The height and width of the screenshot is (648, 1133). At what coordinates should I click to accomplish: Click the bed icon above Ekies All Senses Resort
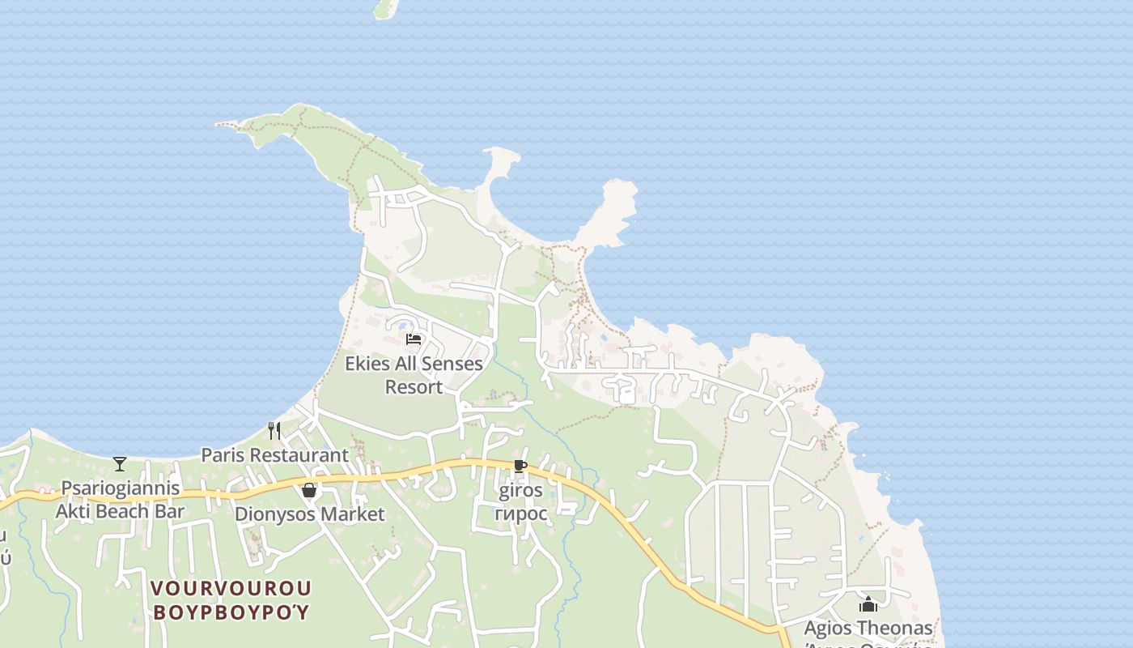[x=414, y=339]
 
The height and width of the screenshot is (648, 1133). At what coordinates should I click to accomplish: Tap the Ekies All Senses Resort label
[x=414, y=375]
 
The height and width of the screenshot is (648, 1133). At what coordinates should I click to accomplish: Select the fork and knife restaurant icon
[x=274, y=430]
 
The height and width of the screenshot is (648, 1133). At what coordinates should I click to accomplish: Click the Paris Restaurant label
[x=274, y=455]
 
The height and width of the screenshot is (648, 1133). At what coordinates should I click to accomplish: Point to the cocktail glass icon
[x=120, y=464]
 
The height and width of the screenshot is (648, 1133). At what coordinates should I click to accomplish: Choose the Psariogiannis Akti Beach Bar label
[x=120, y=500]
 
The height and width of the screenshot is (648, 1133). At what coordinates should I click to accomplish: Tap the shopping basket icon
[x=308, y=490]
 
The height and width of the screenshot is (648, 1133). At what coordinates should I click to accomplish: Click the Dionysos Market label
[x=309, y=514]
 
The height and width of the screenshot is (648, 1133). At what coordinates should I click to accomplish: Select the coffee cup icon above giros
[x=520, y=467]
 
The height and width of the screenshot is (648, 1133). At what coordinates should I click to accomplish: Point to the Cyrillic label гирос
[x=520, y=514]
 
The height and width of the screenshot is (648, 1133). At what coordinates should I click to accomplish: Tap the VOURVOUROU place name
[x=231, y=588]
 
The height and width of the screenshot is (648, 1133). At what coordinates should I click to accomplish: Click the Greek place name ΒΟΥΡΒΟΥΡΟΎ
[x=231, y=612]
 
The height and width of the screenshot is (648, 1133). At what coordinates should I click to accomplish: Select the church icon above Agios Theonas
[x=868, y=604]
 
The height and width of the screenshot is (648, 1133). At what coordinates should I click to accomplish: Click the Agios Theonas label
[x=868, y=629]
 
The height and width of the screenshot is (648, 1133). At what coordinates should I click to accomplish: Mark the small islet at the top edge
[x=387, y=7]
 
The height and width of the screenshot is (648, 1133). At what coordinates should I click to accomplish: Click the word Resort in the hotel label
[x=414, y=387]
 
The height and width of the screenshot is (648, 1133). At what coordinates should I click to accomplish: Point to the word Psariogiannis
[x=121, y=488]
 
